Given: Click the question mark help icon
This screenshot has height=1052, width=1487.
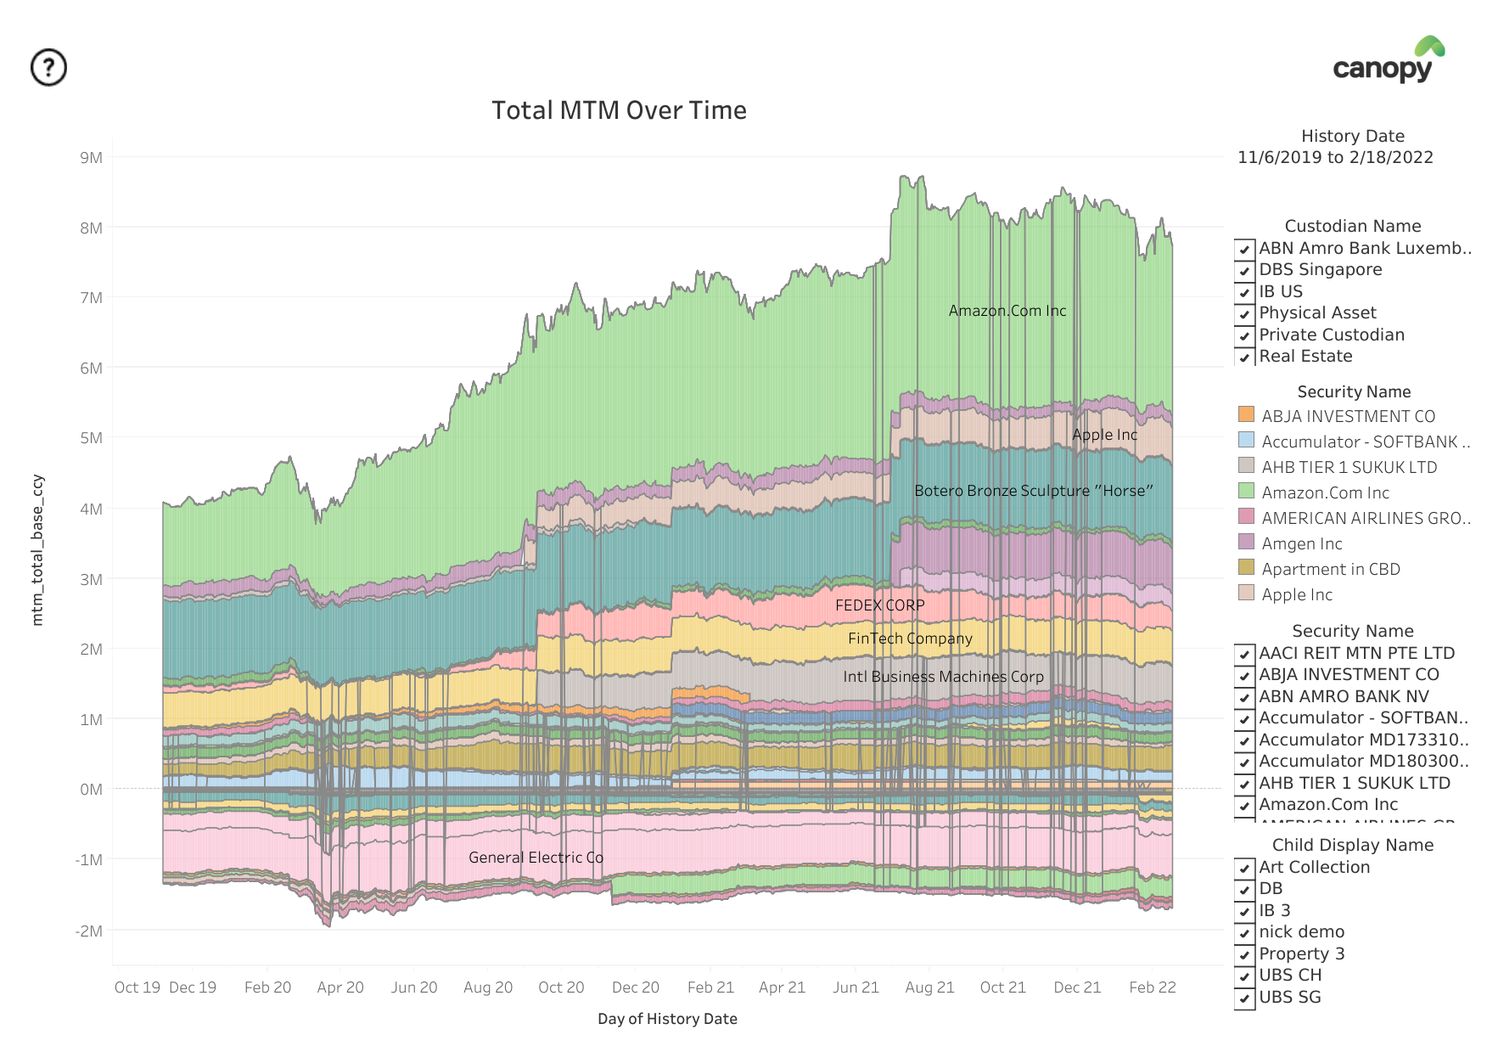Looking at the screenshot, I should pos(48,67).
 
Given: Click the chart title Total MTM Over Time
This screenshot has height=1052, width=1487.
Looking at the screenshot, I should pos(619,110).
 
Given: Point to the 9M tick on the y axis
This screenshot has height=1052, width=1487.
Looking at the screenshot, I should pos(91,158).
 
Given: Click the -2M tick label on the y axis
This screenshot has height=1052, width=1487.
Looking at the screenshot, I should pos(88,931).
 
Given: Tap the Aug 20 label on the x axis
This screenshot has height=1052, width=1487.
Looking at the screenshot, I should pos(488,987).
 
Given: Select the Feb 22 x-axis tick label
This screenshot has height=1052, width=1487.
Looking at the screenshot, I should pos(1152,987).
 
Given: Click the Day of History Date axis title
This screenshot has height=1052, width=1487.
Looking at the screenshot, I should pos(667,1019).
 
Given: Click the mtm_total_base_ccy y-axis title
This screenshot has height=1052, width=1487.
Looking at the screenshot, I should pos(37,550).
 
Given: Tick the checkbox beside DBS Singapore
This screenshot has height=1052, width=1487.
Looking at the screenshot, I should pos(1244,271).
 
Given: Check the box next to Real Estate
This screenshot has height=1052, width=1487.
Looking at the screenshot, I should pos(1244,357).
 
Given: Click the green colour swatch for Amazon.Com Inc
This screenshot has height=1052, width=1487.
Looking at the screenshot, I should pos(1246,491).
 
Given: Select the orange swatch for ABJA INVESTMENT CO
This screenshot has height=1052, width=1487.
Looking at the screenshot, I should pos(1246,414).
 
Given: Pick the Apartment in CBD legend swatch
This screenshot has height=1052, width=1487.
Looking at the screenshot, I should pos(1246,567).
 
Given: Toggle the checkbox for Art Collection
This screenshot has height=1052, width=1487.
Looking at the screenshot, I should pos(1244,868).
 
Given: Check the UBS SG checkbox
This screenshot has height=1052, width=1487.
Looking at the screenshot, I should pos(1244,998).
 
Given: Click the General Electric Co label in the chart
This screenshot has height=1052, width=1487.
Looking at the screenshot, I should pos(536,858).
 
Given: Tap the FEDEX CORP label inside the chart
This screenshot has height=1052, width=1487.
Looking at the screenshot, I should pos(879,605).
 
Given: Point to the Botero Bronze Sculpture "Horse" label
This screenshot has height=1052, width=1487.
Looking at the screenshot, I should pos(1033,491).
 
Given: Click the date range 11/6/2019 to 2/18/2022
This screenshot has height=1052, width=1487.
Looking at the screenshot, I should pos(1335,157).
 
